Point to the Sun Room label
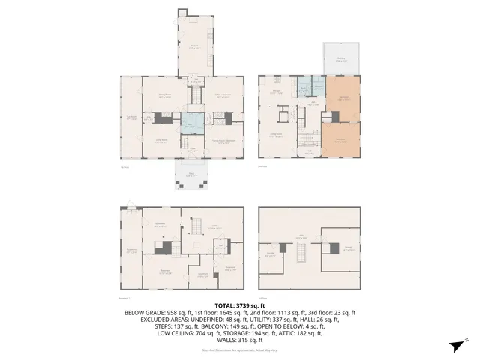click(131, 117)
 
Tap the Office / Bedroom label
click(223, 95)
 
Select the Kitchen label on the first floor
click(193, 49)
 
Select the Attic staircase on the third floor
click(302, 255)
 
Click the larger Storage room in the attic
click(346, 250)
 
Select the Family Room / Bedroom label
click(223, 142)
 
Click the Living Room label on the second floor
click(276, 136)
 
